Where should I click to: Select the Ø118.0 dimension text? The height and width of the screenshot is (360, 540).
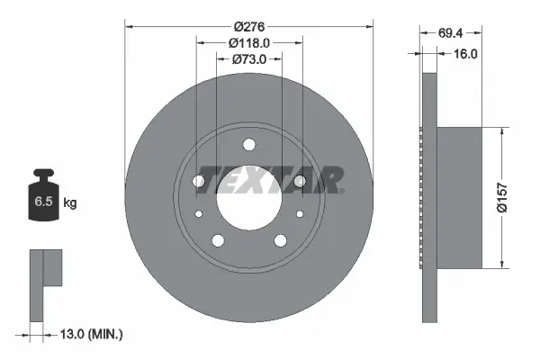[x=248, y=43]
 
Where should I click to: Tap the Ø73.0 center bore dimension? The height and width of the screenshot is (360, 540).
[x=248, y=59]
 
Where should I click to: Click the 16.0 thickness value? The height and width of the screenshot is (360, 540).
[x=466, y=53]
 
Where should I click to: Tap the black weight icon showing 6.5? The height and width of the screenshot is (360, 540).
[x=44, y=200]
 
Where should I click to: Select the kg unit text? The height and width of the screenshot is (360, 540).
[x=70, y=203]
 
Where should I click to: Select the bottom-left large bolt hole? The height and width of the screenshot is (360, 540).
[x=217, y=240]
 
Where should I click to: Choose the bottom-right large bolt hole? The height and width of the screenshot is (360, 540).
[x=280, y=240]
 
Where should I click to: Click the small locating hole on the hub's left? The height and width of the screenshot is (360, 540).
[x=198, y=214]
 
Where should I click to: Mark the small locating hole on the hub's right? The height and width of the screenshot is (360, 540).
[x=299, y=214]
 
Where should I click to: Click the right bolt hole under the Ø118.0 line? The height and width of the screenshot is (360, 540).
[x=300, y=181]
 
